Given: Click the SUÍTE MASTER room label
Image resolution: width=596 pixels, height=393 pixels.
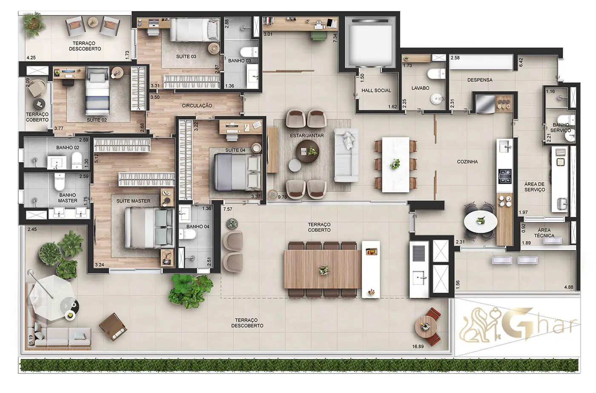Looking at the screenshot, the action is (133, 201).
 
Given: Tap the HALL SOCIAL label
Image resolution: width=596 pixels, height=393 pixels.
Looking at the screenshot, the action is (376, 91).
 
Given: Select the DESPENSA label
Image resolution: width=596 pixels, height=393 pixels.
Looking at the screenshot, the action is (480, 80).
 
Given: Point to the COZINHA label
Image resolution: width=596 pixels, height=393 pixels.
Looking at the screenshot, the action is (467, 162).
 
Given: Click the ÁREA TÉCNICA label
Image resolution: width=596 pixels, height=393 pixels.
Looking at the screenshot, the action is (544, 233).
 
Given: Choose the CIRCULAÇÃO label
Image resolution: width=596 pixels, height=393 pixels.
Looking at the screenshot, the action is (197, 105).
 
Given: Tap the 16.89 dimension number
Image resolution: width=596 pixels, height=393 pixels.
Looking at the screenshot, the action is (418, 347).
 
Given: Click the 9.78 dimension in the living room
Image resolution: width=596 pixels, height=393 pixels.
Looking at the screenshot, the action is (282, 197).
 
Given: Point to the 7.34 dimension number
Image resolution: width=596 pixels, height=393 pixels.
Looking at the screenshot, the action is (335, 38).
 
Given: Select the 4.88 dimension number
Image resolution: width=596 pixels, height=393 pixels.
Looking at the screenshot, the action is (569, 287).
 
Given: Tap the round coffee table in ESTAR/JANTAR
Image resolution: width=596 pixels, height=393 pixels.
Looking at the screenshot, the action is (307, 151).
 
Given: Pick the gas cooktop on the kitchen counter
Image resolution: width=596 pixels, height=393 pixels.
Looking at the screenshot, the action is (504, 176).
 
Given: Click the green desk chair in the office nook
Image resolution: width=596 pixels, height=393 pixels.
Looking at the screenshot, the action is (319, 37).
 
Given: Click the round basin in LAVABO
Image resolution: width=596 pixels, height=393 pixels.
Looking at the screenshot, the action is (437, 99).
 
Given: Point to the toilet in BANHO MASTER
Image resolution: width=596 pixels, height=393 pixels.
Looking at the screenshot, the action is (59, 182).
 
